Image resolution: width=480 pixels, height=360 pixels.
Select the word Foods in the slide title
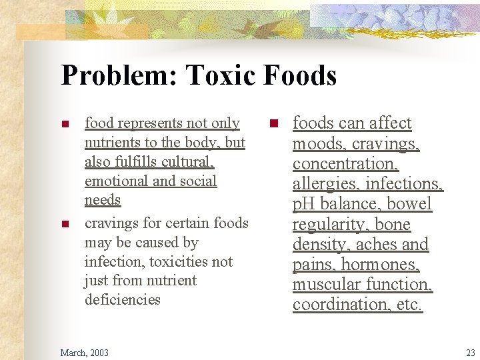[x=300, y=75]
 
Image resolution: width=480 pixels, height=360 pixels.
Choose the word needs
[x=102, y=200]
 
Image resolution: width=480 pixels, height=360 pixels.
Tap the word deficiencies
[x=122, y=299]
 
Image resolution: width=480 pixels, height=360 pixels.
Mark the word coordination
[x=337, y=305]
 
